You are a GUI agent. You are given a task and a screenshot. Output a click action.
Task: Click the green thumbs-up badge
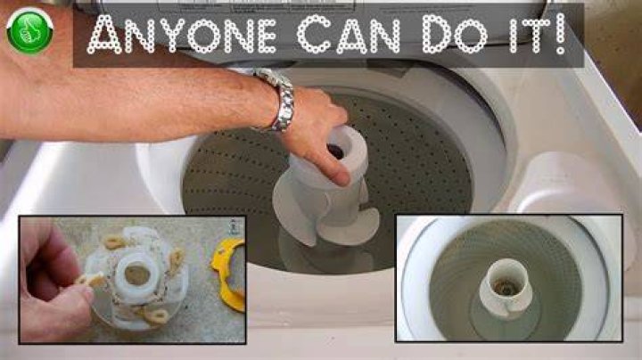[x=30, y=31]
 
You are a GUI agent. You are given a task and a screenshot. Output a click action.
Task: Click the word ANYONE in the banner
[x=182, y=34]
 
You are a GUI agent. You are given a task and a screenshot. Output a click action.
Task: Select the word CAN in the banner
[x=349, y=34]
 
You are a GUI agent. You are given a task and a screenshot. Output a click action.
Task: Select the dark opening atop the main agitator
[x=336, y=151]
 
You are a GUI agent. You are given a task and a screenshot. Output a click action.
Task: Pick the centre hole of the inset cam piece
[x=136, y=275]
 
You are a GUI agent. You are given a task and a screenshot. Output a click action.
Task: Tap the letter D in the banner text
[x=438, y=35]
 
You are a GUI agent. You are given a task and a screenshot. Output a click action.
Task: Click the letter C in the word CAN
[x=314, y=35]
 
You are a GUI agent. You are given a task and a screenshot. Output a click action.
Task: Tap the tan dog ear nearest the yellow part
[x=176, y=260]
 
